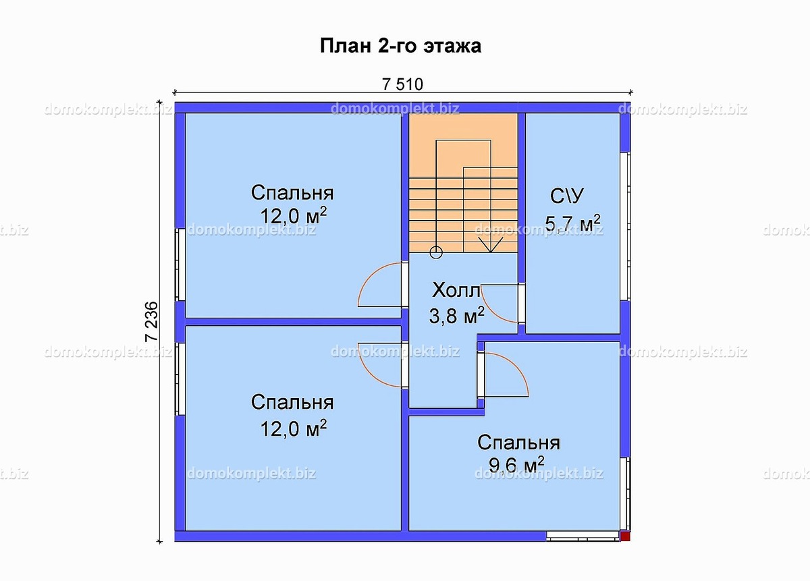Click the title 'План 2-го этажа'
tap(400, 47)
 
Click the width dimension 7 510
tap(402, 84)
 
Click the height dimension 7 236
tap(151, 321)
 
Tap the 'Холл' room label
tap(456, 292)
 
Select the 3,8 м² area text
tap(457, 315)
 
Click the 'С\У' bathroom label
tap(568, 196)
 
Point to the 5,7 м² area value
tap(573, 223)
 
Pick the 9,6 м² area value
tap(516, 464)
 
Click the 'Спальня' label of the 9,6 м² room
tap(518, 443)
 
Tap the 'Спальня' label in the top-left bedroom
tap(292, 192)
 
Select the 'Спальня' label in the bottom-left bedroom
tap(292, 402)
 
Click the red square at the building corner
tap(625, 536)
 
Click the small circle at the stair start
tap(436, 253)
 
